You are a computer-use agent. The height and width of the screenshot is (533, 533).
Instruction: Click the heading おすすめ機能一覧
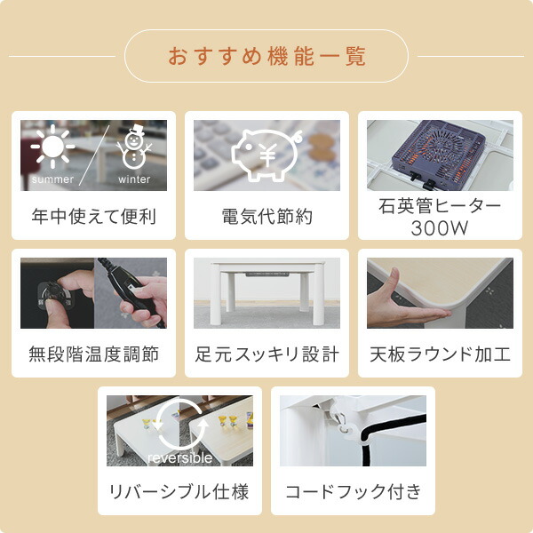[x=266, y=57]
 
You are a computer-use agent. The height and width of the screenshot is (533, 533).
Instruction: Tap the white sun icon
[x=52, y=146]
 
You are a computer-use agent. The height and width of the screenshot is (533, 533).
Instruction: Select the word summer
[x=52, y=179]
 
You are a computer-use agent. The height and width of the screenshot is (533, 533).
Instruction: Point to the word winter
[x=134, y=179]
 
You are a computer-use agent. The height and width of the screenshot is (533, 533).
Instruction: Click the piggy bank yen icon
[x=266, y=154]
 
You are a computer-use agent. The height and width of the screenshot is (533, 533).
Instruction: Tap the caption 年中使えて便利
[x=93, y=216]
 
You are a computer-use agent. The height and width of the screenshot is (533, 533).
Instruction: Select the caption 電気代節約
[x=266, y=216]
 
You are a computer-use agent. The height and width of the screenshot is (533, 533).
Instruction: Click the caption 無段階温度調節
[x=93, y=354]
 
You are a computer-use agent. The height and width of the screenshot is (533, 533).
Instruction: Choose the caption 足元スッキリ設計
[x=266, y=354]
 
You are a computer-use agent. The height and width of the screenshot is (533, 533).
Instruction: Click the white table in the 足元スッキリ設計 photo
[x=266, y=282]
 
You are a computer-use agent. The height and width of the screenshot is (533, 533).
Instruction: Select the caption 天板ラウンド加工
[x=440, y=354]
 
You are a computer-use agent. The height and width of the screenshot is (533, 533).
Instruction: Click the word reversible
[x=179, y=458]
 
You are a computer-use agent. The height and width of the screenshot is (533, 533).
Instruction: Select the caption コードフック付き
[x=353, y=492]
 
